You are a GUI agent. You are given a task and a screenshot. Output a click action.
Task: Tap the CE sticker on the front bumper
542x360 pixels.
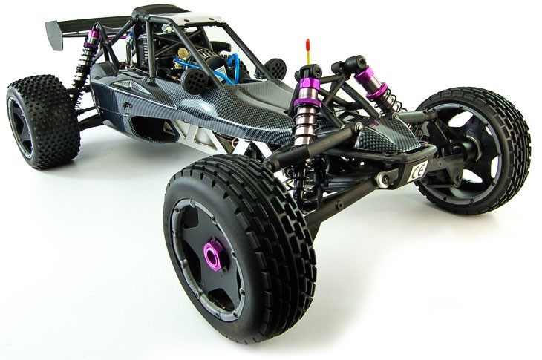[x=418, y=170]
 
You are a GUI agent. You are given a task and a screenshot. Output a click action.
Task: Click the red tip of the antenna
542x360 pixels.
[x=307, y=45]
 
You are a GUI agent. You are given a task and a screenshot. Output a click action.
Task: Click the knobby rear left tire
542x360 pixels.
[x=42, y=122]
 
